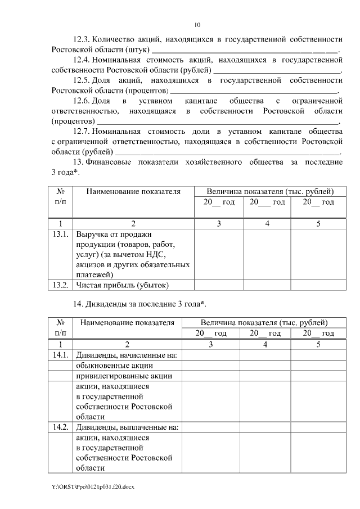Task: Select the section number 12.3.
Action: tap(82, 39)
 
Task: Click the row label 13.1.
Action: tap(60, 234)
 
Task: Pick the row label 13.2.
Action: tap(60, 285)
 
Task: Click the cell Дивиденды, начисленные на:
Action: tap(126, 354)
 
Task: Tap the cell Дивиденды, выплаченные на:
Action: tap(127, 427)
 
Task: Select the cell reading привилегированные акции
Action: tap(123, 376)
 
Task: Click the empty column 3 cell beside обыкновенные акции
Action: tap(210, 365)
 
